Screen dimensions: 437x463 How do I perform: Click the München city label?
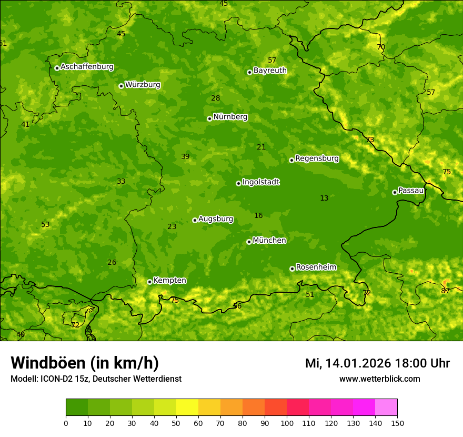(x=269, y=241)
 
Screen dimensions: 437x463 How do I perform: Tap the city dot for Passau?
(x=395, y=192)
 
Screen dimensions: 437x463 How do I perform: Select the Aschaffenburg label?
(x=87, y=67)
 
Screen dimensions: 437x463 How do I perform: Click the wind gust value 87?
(x=445, y=291)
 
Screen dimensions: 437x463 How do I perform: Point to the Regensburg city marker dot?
(x=291, y=160)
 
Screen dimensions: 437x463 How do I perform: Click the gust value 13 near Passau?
(x=324, y=198)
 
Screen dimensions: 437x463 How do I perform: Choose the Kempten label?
(x=169, y=281)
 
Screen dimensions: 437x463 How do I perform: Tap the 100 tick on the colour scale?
(x=287, y=423)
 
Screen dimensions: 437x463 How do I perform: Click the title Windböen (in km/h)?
(x=85, y=363)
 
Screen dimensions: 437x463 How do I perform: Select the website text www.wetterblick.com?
(x=379, y=379)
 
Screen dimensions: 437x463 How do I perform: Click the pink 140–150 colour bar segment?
(x=386, y=407)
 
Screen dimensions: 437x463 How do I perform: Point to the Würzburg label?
(x=143, y=85)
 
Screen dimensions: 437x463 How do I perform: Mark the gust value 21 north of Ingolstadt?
(x=261, y=147)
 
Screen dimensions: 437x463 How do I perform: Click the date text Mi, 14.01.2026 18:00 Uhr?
(x=377, y=363)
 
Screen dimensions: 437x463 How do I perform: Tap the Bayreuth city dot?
(x=249, y=72)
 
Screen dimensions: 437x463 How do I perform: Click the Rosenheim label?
(x=316, y=267)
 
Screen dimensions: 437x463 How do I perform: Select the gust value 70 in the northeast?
(x=381, y=47)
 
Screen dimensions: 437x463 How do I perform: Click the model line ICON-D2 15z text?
(x=96, y=379)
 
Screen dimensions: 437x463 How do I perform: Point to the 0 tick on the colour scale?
(x=66, y=423)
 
